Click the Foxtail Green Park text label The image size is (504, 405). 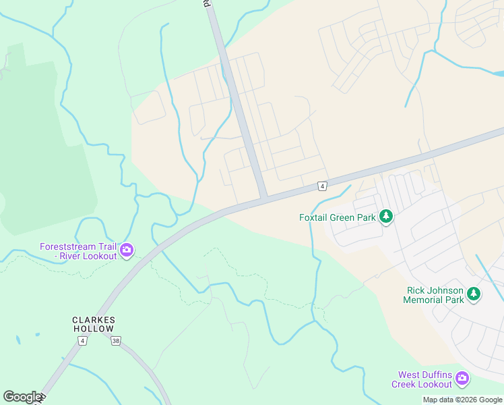point(338,217)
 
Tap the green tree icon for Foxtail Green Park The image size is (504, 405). point(386,217)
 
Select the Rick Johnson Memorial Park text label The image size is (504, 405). point(435,295)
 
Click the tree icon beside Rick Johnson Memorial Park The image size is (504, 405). point(474,294)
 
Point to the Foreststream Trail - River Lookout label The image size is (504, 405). point(78,251)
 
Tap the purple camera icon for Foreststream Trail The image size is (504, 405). point(127,251)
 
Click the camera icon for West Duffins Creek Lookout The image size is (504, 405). point(462,378)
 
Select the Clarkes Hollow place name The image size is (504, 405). point(94,324)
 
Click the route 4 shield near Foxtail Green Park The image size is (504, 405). point(323,186)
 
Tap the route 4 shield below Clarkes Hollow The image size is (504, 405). point(82,341)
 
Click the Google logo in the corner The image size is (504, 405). point(22,397)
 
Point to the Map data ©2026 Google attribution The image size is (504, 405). point(462,400)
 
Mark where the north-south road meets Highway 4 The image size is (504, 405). point(263,197)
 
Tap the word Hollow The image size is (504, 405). point(94,329)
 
